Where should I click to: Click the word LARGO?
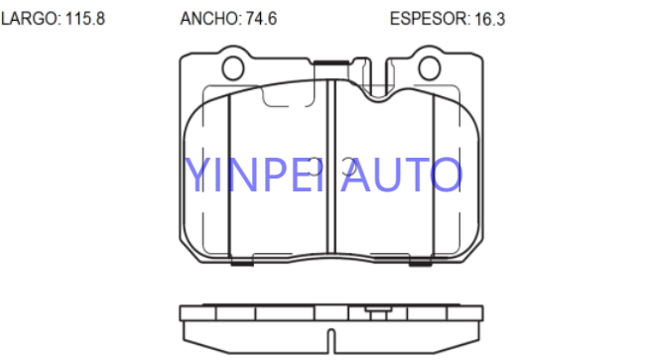point(30,19)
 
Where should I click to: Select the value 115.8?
point(85,19)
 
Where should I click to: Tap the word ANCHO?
point(209,19)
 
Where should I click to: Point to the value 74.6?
point(261,19)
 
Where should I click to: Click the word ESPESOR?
point(430,19)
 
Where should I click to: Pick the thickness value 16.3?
point(489,19)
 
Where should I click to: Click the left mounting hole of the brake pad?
point(233,67)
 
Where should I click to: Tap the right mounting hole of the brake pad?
point(430,67)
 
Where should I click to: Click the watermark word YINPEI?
point(253,175)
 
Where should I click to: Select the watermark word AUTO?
point(402,175)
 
